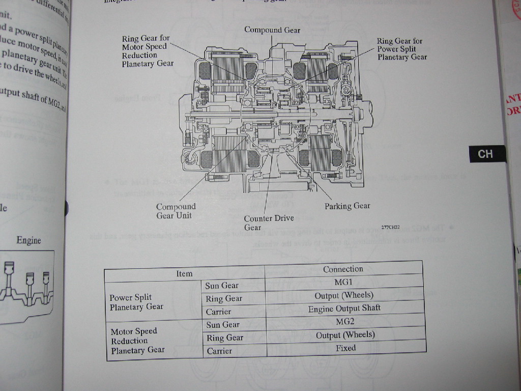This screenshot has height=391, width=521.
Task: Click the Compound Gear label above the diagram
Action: [272, 30]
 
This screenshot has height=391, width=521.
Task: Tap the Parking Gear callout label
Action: [347, 206]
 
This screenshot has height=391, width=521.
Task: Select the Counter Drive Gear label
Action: [269, 222]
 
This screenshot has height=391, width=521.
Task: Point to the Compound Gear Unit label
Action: [176, 211]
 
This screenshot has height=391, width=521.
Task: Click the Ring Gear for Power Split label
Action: [402, 49]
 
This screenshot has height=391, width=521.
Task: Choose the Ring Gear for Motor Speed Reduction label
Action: [148, 51]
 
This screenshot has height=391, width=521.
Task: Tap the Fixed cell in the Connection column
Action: [345, 348]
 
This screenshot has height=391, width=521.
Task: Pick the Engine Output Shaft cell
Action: [344, 309]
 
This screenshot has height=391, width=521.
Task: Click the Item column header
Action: [184, 273]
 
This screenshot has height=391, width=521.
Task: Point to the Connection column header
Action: [343, 269]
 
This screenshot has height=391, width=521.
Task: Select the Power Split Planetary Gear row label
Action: [136, 302]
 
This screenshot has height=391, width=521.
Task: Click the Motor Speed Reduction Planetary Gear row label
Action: [137, 341]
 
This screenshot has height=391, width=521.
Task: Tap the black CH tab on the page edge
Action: [486, 154]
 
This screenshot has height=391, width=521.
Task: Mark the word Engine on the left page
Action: [28, 240]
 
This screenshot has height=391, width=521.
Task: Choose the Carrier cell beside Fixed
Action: [219, 351]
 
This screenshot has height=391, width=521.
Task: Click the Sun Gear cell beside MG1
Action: [222, 286]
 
